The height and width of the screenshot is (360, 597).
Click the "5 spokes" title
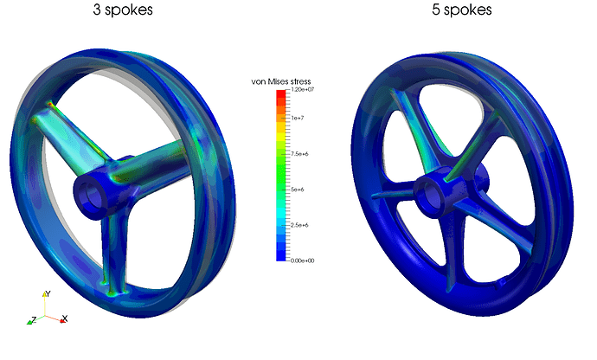[x=462, y=11]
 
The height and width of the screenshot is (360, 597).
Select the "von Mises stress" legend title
[x=286, y=81]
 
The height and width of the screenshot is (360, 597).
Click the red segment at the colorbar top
[x=280, y=96]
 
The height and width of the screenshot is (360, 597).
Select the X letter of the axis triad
[x=65, y=319]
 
